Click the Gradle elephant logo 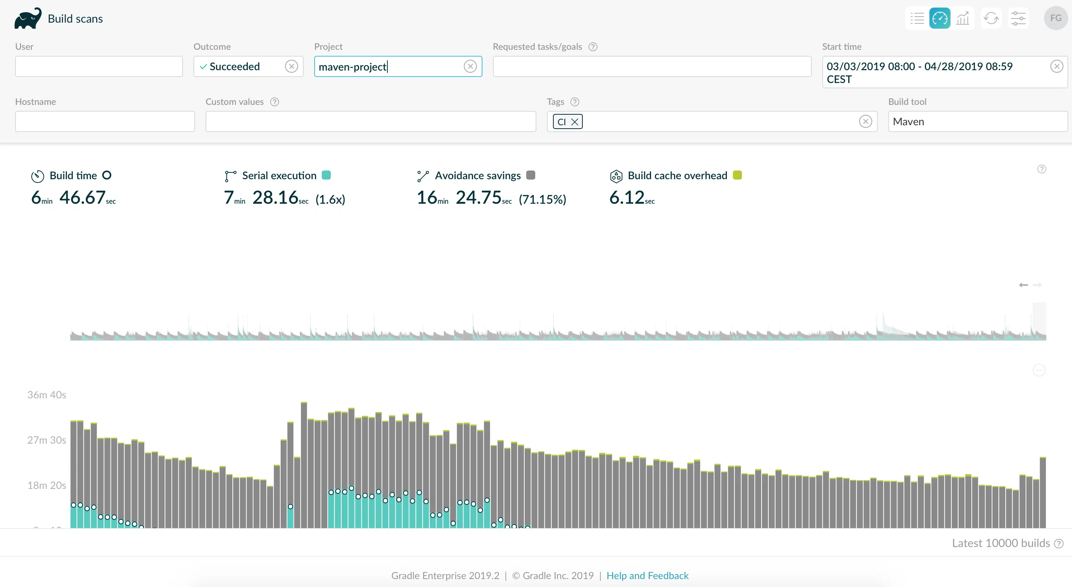(28, 18)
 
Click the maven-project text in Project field (352, 67)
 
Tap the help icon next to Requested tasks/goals (593, 47)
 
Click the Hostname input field (105, 121)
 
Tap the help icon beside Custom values (275, 102)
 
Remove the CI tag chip (575, 122)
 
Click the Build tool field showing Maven (978, 121)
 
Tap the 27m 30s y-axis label (47, 440)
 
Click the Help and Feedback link (648, 576)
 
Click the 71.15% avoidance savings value (542, 200)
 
